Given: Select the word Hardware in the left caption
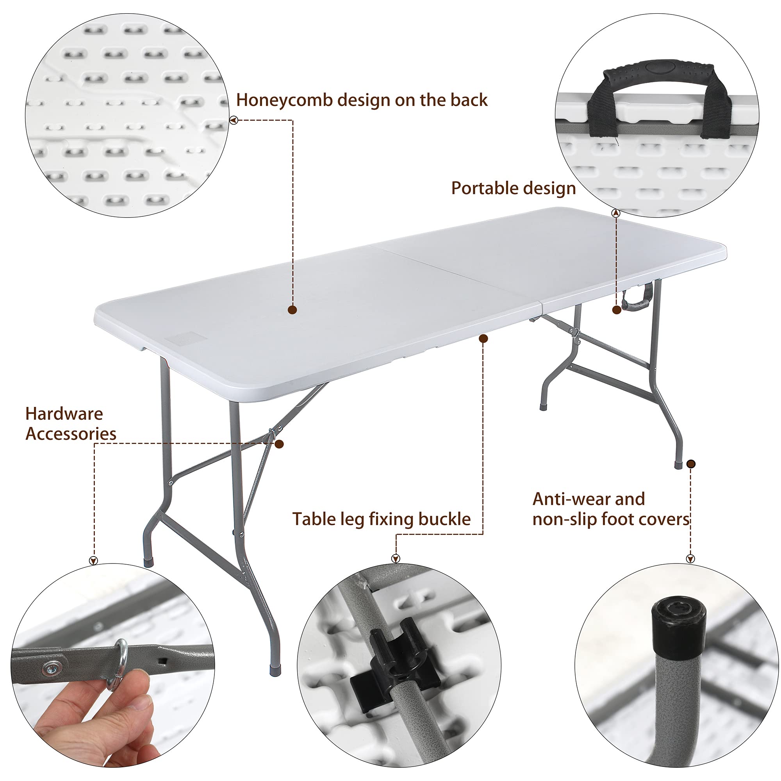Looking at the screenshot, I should click(x=64, y=414).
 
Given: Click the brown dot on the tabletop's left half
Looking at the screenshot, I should click(x=292, y=310).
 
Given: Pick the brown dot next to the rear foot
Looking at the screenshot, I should click(x=691, y=464).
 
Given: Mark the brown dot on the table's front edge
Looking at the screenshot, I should click(x=483, y=338).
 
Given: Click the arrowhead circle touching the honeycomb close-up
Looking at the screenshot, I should click(x=234, y=120).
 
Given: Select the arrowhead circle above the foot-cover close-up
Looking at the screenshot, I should click(x=690, y=559).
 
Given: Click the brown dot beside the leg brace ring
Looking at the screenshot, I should click(x=279, y=444).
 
